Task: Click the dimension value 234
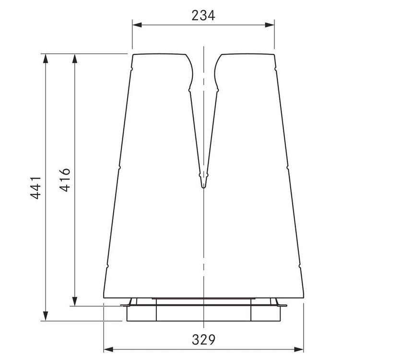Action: [203, 15]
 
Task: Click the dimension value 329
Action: [203, 340]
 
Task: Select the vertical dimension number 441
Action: [35, 187]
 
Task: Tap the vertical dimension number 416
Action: [65, 180]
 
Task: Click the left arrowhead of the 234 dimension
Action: [137, 25]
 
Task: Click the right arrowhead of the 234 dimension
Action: [270, 25]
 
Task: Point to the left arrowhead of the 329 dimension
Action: [108, 349]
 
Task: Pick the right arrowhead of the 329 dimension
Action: [299, 349]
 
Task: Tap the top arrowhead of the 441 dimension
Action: [46, 59]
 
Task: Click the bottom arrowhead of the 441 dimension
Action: [46, 316]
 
